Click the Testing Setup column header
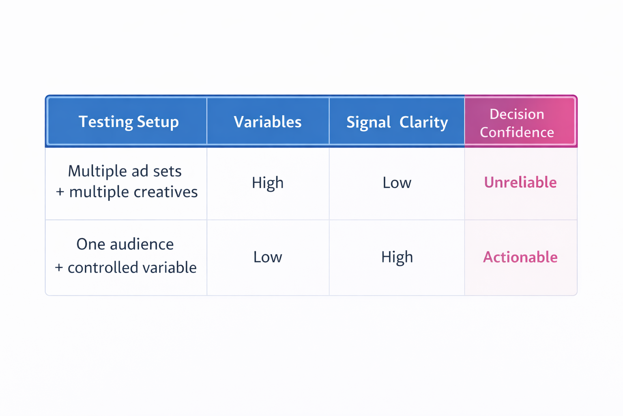pyautogui.click(x=129, y=122)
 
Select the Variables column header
pyautogui.click(x=268, y=122)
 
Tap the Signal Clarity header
pyautogui.click(x=397, y=122)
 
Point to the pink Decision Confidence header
pyautogui.click(x=517, y=123)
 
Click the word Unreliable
pyautogui.click(x=520, y=182)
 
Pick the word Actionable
pyautogui.click(x=520, y=257)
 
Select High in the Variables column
pyautogui.click(x=268, y=183)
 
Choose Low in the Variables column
pyautogui.click(x=268, y=257)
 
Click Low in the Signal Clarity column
pyautogui.click(x=397, y=183)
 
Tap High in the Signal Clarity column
pyautogui.click(x=397, y=257)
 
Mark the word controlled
pyautogui.click(x=98, y=268)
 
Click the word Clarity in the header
pyautogui.click(x=423, y=122)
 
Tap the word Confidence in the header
pyautogui.click(x=517, y=132)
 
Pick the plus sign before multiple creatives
pyautogui.click(x=60, y=192)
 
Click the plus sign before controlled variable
pyautogui.click(x=59, y=268)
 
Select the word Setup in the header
pyautogui.click(x=158, y=122)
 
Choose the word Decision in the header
pyautogui.click(x=517, y=114)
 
